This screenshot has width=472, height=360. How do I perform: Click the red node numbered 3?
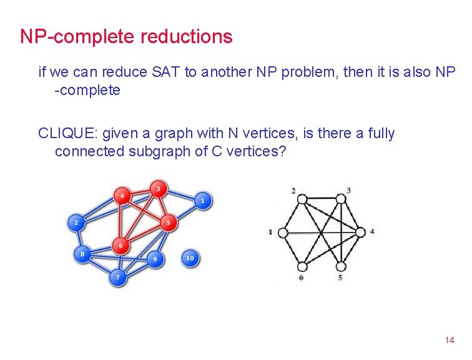(158, 188)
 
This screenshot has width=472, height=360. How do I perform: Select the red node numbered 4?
(122, 196)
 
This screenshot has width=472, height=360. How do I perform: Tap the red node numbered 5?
(167, 222)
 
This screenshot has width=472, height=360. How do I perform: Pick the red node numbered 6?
(120, 246)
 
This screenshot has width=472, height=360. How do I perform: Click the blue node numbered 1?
(202, 201)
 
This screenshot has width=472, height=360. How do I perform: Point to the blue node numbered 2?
(76, 222)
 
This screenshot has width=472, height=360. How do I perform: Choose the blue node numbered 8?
(82, 254)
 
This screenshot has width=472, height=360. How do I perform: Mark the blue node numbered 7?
(117, 277)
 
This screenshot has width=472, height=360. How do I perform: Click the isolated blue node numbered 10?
(190, 257)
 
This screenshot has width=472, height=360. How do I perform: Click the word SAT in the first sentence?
(166, 72)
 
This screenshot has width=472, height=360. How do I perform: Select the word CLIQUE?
(67, 133)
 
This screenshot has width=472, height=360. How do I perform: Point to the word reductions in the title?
(186, 36)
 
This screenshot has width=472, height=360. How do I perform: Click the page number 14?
(449, 341)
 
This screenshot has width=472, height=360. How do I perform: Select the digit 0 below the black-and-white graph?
(302, 277)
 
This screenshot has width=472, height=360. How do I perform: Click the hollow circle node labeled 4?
(360, 232)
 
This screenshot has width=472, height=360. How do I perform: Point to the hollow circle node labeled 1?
(283, 232)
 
